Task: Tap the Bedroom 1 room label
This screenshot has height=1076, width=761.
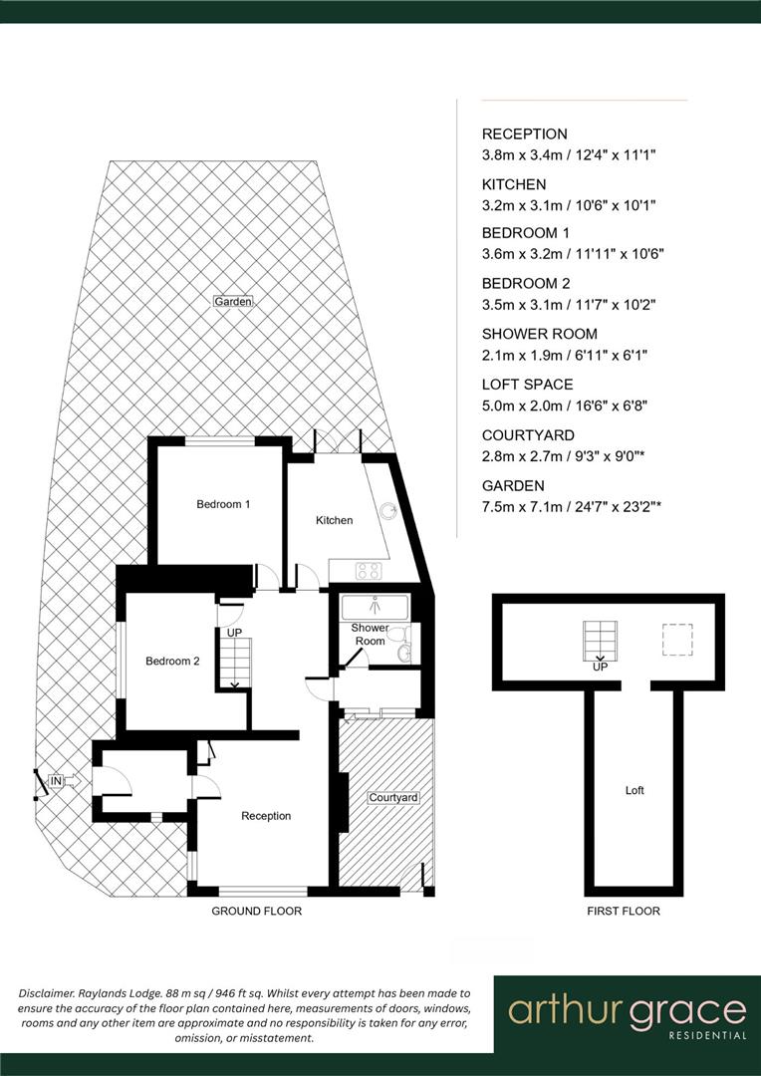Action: click(x=222, y=504)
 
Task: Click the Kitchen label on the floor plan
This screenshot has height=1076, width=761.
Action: click(x=334, y=520)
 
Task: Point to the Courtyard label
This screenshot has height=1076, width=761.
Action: click(x=392, y=798)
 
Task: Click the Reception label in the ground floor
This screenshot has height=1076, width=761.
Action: click(x=266, y=816)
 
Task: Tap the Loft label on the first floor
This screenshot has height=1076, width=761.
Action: click(x=634, y=790)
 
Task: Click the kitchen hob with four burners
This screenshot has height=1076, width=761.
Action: click(x=369, y=571)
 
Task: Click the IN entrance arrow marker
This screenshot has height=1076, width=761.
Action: click(x=57, y=781)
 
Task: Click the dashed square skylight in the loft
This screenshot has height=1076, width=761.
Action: click(x=678, y=639)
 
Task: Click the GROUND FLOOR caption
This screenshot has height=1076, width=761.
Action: click(x=256, y=911)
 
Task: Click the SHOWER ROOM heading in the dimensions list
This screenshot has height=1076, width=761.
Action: click(x=539, y=334)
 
